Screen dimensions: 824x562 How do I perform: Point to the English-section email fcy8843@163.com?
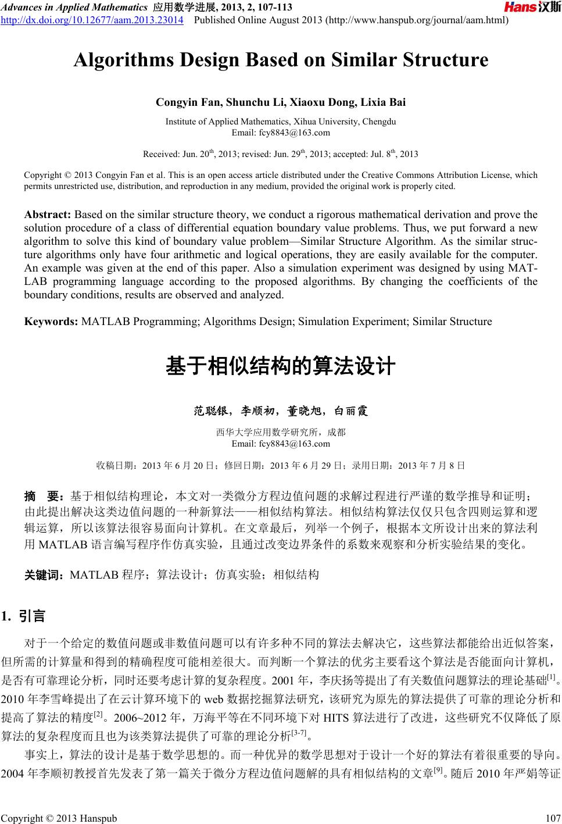click(x=281, y=133)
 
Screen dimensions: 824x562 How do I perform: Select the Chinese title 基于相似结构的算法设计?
click(x=281, y=367)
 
